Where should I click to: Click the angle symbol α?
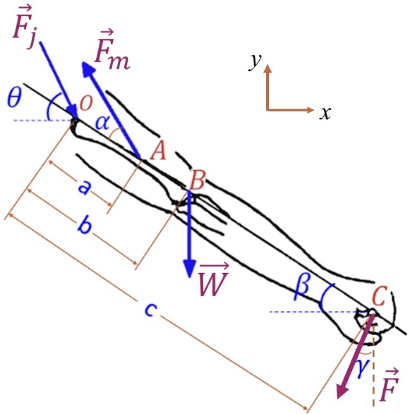click(x=103, y=123)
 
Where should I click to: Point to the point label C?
click(x=379, y=297)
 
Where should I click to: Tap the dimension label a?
click(x=84, y=188)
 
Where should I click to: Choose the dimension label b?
click(x=85, y=227)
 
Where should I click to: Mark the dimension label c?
click(x=148, y=310)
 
